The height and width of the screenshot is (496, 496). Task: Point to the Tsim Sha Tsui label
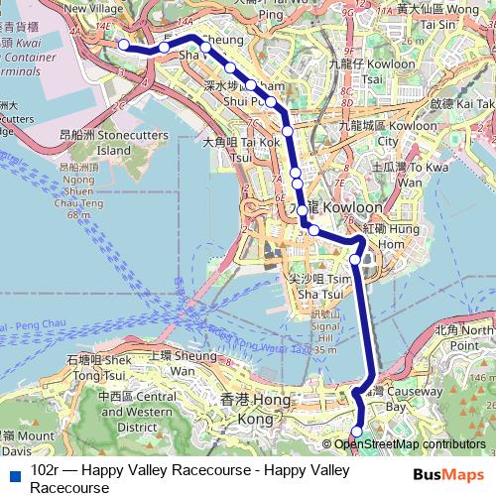coord(319,287)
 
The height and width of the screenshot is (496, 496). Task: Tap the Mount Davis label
coord(22,442)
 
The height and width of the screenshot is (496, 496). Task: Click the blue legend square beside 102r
coord(13,473)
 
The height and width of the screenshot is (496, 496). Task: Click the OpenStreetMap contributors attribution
coord(409,444)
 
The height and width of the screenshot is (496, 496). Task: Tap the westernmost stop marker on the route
coord(123,44)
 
